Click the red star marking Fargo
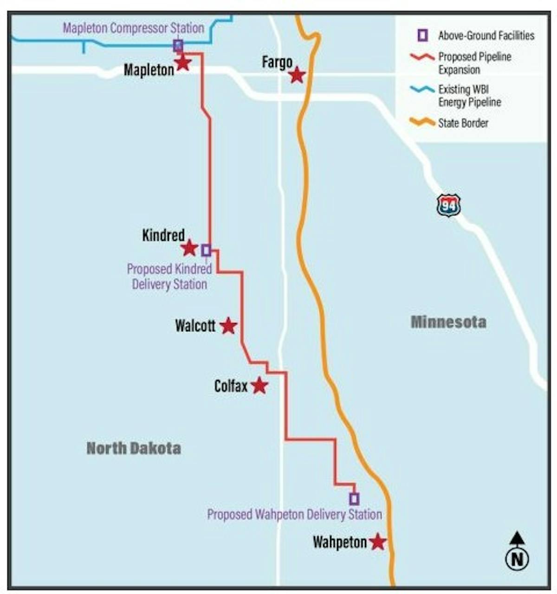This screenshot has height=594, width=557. coord(297,75)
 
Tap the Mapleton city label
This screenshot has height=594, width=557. coord(149,70)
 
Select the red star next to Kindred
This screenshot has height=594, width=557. coord(189,248)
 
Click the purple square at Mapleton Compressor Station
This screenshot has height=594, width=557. coord(178,45)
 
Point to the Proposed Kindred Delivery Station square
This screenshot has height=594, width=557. coord(206,250)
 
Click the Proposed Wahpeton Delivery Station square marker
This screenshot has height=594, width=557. coord(354,499)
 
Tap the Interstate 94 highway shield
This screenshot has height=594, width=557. coord(448,206)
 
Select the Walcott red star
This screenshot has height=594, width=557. coord(228,326)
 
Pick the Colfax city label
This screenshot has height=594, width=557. coord(231,386)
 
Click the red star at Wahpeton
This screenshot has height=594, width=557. coord(378,542)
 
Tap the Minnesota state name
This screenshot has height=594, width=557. coord(448,322)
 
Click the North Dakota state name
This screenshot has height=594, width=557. coord(134,448)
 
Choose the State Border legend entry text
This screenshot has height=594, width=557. coord(463,123)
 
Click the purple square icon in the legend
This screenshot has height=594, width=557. coord(422,35)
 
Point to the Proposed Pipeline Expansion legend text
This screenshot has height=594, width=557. coord(474,63)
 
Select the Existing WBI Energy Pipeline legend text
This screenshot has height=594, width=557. coord(469,96)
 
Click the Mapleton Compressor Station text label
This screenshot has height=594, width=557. coord(133,28)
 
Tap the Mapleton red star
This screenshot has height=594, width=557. coord(183,63)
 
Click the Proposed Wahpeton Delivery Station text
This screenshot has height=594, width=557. coord(294,514)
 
